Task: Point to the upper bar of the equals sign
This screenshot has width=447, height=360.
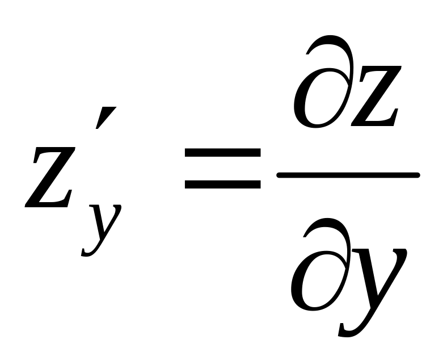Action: (x=222, y=154)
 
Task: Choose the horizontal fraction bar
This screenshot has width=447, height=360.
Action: (x=347, y=175)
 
